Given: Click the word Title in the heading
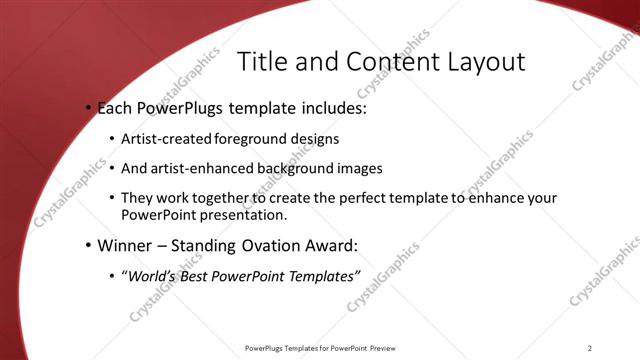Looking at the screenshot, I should (261, 61).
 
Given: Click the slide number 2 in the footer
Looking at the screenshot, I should (590, 348).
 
